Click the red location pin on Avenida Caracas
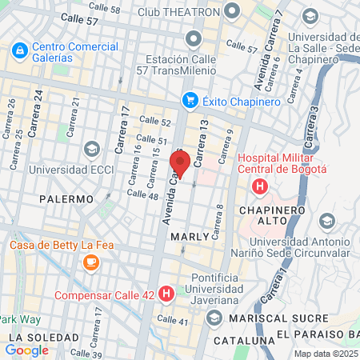[x=179, y=164]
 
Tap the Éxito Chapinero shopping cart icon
[x=190, y=100]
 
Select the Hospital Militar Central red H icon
[x=259, y=187]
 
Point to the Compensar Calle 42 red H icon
[x=166, y=294]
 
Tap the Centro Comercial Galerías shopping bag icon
[x=19, y=49]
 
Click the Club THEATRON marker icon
[x=233, y=11]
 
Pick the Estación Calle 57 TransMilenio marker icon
[x=193, y=38]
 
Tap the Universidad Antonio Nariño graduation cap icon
[x=326, y=221]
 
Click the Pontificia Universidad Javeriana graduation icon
[x=214, y=318]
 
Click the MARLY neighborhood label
[x=190, y=237]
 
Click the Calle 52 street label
[x=155, y=121]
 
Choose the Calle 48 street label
[x=142, y=194]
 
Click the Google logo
[x=27, y=349]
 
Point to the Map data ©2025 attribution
[x=326, y=354]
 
